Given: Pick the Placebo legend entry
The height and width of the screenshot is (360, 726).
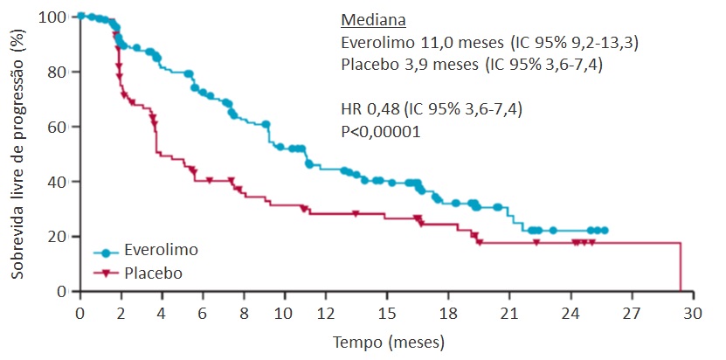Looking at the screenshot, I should tap(153, 273).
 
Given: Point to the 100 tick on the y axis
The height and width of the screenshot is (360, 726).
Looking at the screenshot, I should tap(55, 17).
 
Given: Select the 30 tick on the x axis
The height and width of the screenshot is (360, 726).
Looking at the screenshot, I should tap(693, 313).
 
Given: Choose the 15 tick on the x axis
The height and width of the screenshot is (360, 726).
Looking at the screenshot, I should tap(386, 313).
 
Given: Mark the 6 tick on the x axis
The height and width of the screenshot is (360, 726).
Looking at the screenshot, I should tap(203, 313).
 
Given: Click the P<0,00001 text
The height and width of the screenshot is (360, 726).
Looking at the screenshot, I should tap(380, 132).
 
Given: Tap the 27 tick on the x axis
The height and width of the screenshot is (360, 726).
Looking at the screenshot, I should tap(631, 313).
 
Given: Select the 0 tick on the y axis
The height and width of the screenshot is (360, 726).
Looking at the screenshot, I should tap(62, 292).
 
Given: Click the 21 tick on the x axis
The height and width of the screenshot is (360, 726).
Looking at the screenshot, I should tap(508, 313).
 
